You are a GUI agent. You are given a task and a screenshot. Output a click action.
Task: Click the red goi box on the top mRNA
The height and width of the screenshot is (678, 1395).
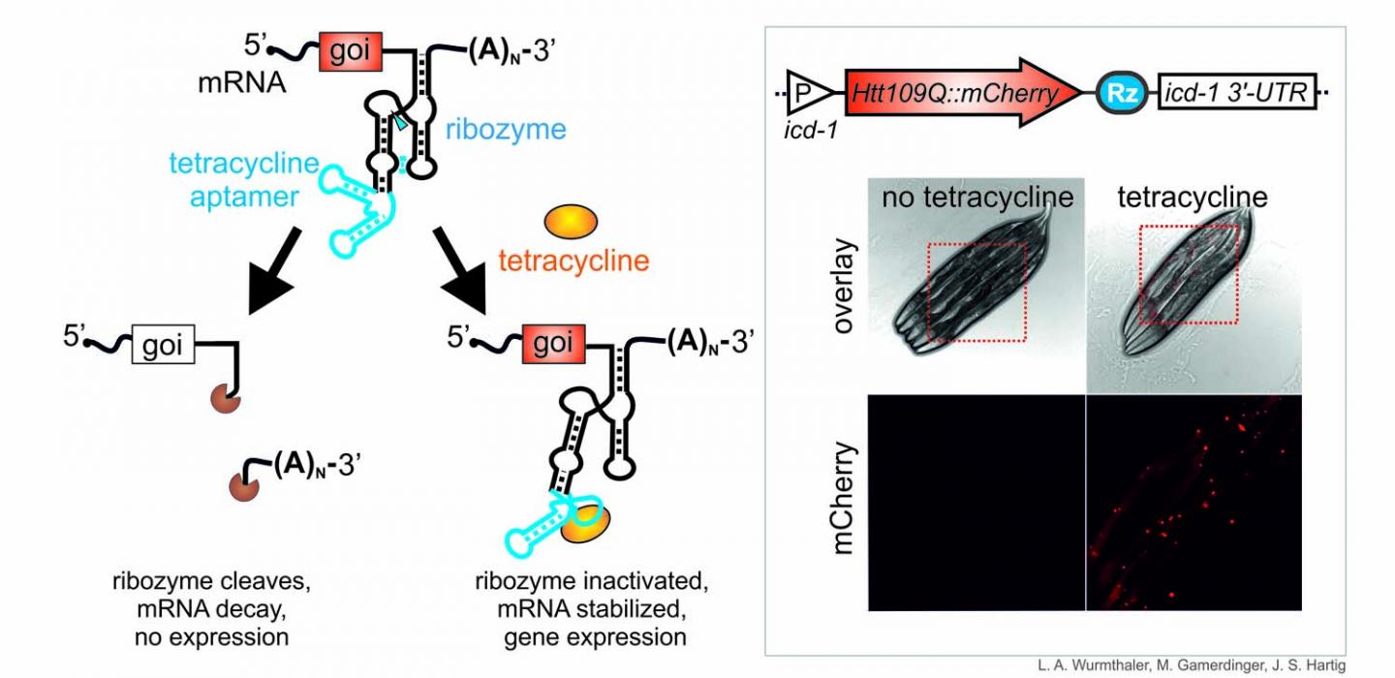pyautogui.click(x=350, y=50)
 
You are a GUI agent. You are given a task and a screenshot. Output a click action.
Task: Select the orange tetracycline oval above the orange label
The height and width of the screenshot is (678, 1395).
pyautogui.click(x=573, y=221)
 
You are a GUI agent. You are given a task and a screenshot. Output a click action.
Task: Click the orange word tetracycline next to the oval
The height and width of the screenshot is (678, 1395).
pyautogui.click(x=573, y=261)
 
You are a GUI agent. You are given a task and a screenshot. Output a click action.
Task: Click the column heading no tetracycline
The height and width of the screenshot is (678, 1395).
pyautogui.click(x=977, y=198)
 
